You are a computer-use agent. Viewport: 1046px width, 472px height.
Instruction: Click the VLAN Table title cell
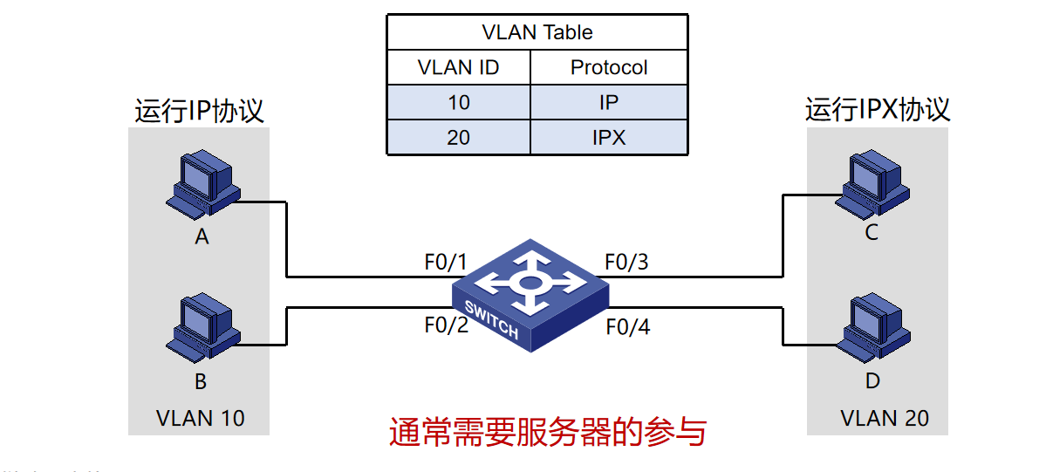(537, 32)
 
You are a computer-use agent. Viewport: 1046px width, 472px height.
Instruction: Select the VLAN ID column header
(458, 67)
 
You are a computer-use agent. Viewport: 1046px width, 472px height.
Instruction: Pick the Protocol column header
(609, 67)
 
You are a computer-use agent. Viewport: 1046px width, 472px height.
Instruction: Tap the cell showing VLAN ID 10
(458, 102)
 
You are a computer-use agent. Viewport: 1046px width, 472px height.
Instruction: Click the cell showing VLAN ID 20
(458, 137)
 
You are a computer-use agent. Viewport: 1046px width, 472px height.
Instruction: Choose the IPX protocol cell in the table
(609, 137)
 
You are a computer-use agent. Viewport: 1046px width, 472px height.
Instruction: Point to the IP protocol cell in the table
(609, 102)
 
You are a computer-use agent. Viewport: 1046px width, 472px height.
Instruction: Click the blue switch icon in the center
(530, 291)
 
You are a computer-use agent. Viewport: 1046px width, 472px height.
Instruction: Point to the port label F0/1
(446, 262)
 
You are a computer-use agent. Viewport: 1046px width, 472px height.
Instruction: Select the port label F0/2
(446, 325)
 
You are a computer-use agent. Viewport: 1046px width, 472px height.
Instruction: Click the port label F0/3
(626, 262)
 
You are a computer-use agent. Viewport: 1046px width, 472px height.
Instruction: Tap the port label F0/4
(626, 327)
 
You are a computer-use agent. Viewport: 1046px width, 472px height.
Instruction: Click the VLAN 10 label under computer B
(200, 418)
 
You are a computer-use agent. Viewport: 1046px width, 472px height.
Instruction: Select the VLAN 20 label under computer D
(884, 418)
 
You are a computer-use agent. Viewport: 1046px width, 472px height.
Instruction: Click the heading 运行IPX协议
(877, 110)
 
